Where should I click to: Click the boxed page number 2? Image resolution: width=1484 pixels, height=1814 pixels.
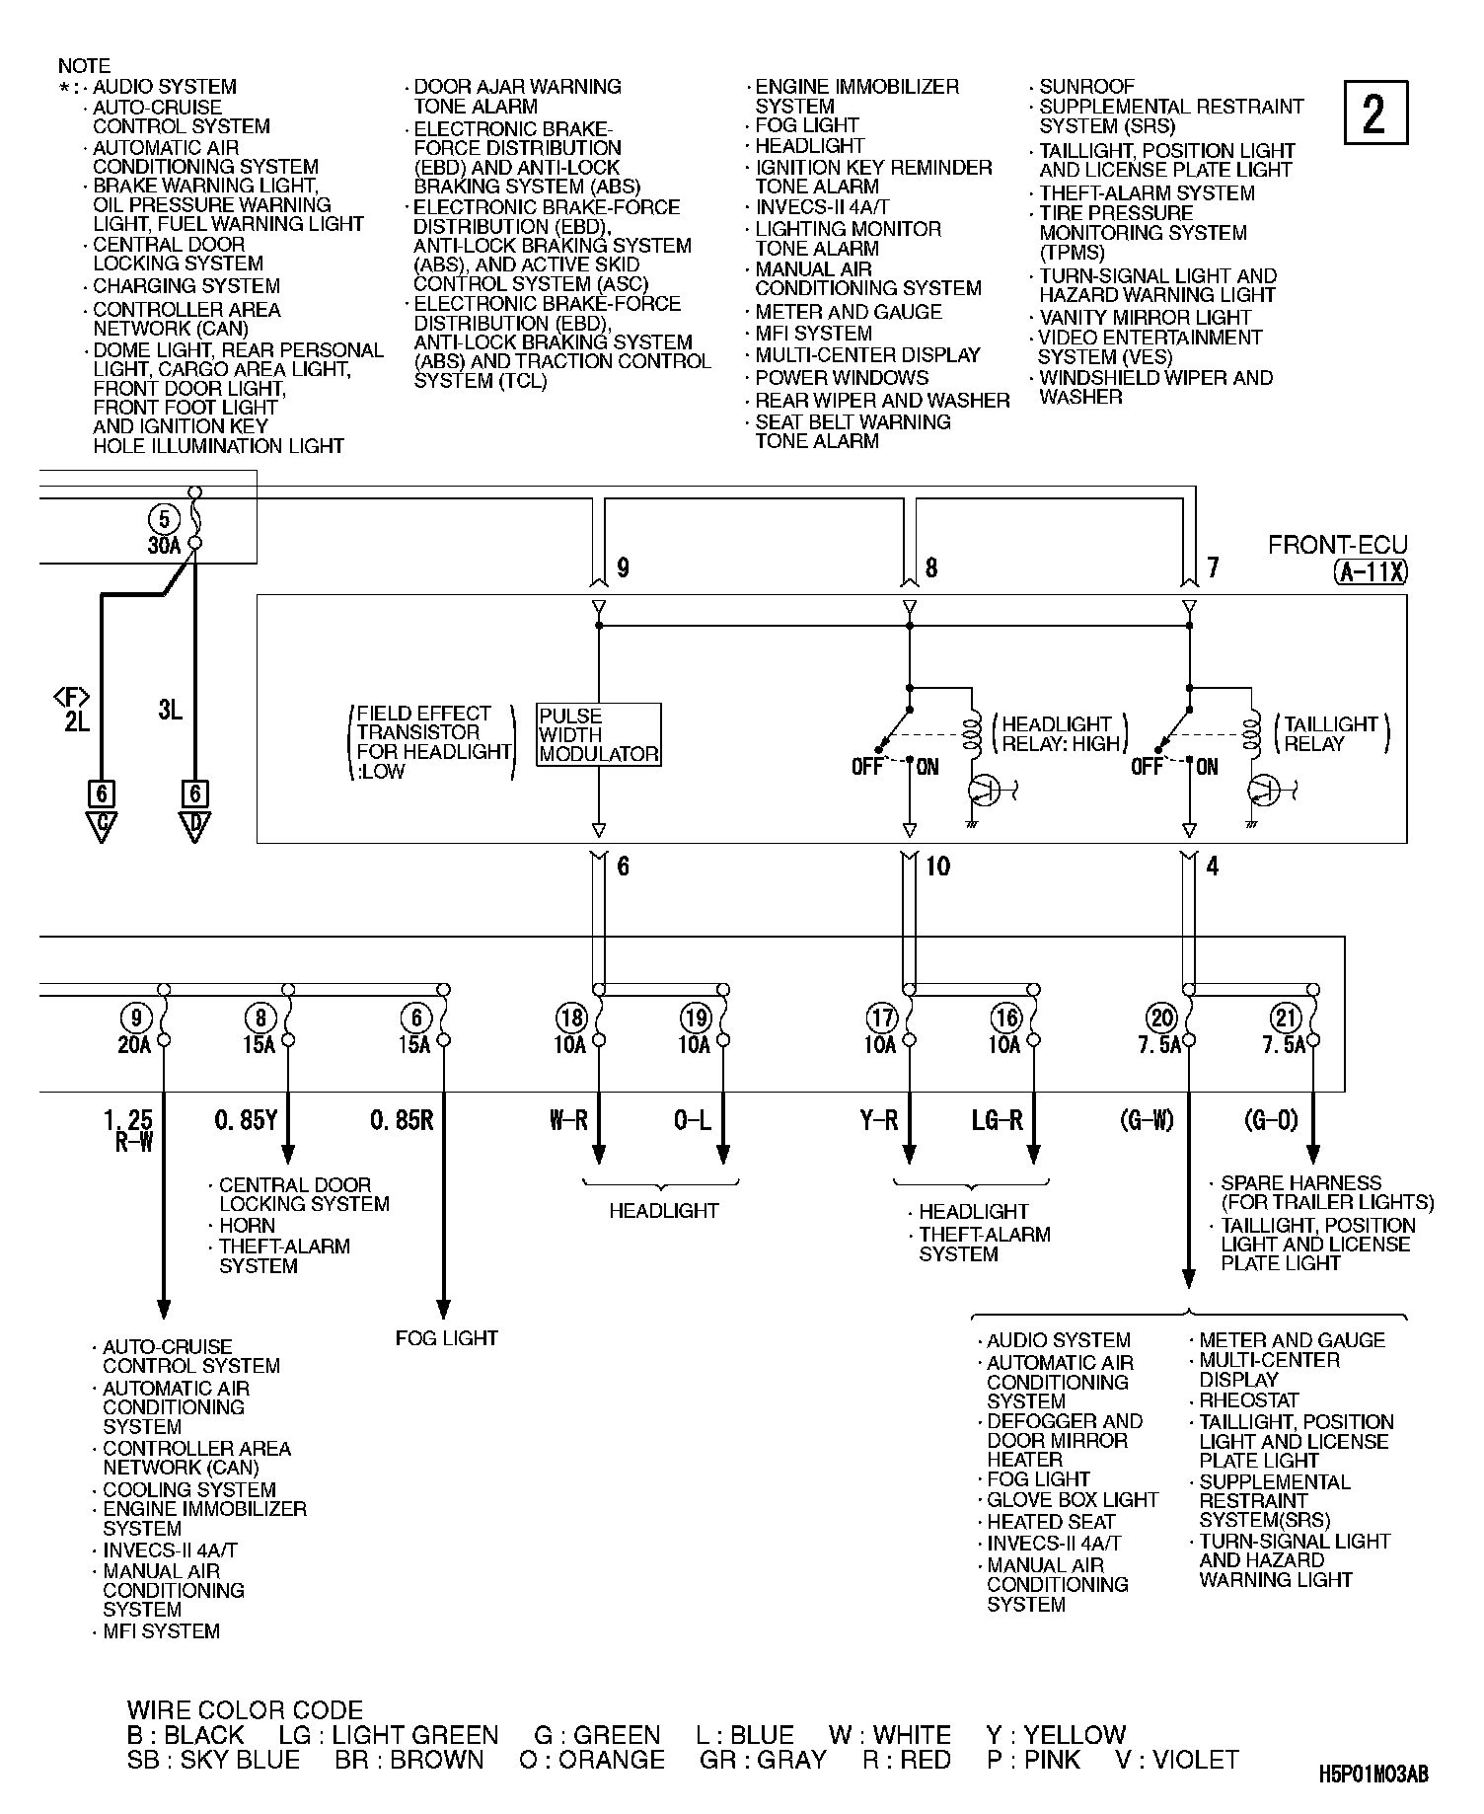[x=1375, y=113]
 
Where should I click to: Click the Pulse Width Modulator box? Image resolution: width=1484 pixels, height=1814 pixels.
[x=599, y=734]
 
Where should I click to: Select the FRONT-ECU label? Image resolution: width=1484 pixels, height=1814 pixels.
[x=1338, y=545]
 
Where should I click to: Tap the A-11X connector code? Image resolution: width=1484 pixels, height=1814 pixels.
[x=1371, y=571]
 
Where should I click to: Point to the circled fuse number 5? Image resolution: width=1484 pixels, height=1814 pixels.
[x=165, y=519]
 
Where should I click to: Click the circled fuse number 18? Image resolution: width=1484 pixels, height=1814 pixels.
[x=572, y=1017]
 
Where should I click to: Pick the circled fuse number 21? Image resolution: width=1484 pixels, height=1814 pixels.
[x=1285, y=1017]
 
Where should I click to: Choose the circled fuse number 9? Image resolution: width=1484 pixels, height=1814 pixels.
[x=136, y=1017]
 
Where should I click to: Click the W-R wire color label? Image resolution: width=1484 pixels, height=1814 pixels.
[x=569, y=1120]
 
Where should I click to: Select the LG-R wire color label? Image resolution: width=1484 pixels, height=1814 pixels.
[x=998, y=1120]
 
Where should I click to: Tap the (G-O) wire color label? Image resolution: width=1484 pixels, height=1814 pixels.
[x=1271, y=1120]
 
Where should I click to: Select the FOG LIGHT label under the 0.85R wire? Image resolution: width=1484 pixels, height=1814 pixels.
[x=446, y=1338]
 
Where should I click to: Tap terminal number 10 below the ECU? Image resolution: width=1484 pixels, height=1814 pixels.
[x=937, y=867]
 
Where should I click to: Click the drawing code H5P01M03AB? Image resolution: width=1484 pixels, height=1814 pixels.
[x=1373, y=1774]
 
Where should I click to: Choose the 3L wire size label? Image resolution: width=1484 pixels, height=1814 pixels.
[x=170, y=710]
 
